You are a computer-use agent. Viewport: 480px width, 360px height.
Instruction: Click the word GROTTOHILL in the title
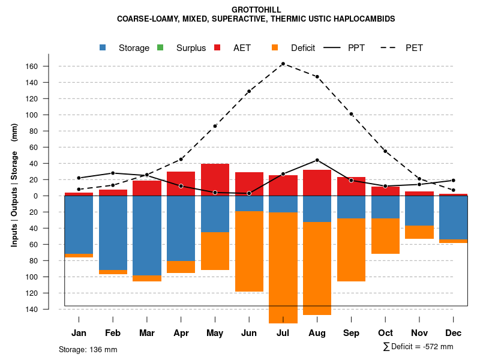pos(256,10)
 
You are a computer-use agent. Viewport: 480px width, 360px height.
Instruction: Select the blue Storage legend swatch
pos(104,47)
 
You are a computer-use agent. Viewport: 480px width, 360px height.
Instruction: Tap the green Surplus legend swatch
pos(160,47)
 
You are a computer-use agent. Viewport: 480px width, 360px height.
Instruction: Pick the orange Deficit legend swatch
pos(274,47)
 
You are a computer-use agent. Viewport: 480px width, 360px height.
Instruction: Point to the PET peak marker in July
pos(283,64)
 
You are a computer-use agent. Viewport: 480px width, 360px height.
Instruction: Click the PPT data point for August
pos(317,160)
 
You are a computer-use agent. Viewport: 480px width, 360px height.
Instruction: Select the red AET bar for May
pos(215,179)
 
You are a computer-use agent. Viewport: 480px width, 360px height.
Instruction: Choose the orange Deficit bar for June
pos(249,251)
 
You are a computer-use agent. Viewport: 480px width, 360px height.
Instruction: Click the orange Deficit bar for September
pos(351,250)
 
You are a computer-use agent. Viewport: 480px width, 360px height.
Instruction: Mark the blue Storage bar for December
pos(453,217)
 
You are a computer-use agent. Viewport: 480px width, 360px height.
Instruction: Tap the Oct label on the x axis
pos(385,333)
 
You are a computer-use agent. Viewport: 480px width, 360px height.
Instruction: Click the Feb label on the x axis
pos(113,333)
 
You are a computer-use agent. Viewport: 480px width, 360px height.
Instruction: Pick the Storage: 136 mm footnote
pos(88,349)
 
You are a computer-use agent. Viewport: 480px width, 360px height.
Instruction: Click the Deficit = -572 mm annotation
pos(418,347)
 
